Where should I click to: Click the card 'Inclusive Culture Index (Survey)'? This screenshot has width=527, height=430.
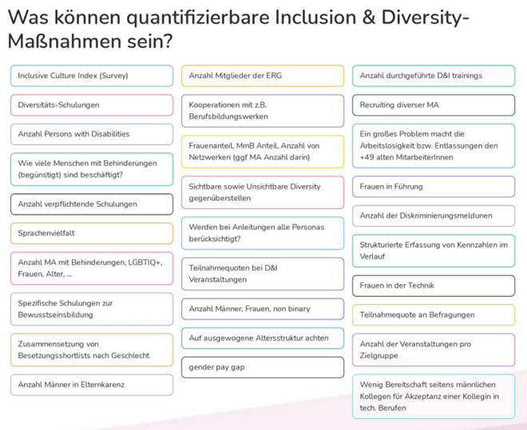tap(91, 76)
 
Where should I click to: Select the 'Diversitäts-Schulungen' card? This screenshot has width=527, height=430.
tap(91, 105)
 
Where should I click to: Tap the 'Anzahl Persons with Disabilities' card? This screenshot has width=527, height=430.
tap(91, 134)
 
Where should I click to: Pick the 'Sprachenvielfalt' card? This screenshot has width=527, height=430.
tap(91, 234)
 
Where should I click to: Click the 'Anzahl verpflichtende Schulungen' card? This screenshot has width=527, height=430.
tap(91, 204)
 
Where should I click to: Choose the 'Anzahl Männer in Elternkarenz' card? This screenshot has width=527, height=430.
tap(91, 385)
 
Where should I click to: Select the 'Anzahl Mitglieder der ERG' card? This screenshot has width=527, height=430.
tap(263, 76)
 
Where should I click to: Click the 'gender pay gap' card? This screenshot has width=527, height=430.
tap(263, 367)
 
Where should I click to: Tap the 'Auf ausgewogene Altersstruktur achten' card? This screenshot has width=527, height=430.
tap(263, 338)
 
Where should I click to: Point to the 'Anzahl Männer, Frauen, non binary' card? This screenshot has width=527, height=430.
tap(263, 309)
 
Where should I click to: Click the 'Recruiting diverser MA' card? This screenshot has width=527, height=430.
tap(434, 105)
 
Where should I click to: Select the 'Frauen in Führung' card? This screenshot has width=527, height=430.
tap(434, 187)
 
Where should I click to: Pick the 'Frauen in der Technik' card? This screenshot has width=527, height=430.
tap(434, 285)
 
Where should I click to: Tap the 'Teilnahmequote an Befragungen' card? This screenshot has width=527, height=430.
tap(434, 314)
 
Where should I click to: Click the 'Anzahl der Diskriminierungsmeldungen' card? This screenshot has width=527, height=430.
tap(434, 215)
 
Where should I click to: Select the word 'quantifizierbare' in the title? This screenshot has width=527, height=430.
tap(184, 17)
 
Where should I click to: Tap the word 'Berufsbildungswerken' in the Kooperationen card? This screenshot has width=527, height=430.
tap(228, 116)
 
